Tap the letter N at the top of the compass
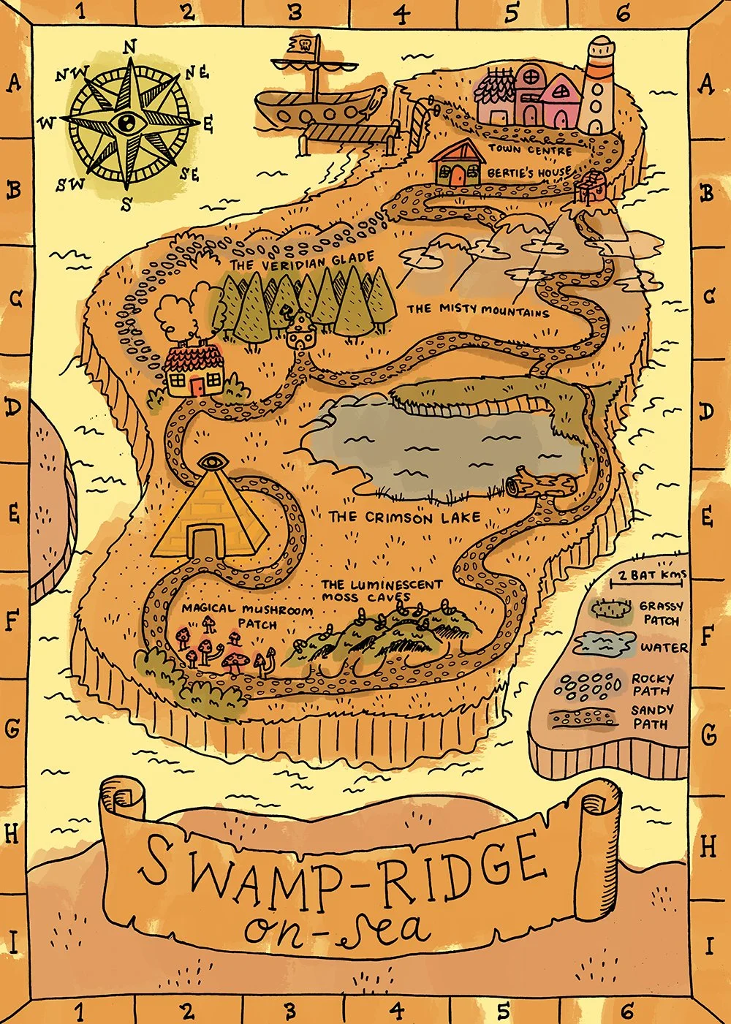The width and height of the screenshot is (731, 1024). pos(130,47)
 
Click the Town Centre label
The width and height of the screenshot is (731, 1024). pos(530,149)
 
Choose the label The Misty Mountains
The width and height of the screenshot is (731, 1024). pos(477,310)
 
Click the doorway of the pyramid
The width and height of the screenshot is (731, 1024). pos(206,542)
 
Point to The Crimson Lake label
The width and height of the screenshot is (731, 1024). pos(404,517)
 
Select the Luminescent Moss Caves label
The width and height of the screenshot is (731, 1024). pos(382,591)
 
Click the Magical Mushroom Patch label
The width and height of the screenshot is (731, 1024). pos(247,615)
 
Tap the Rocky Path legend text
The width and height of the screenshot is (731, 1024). pos(652,684)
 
